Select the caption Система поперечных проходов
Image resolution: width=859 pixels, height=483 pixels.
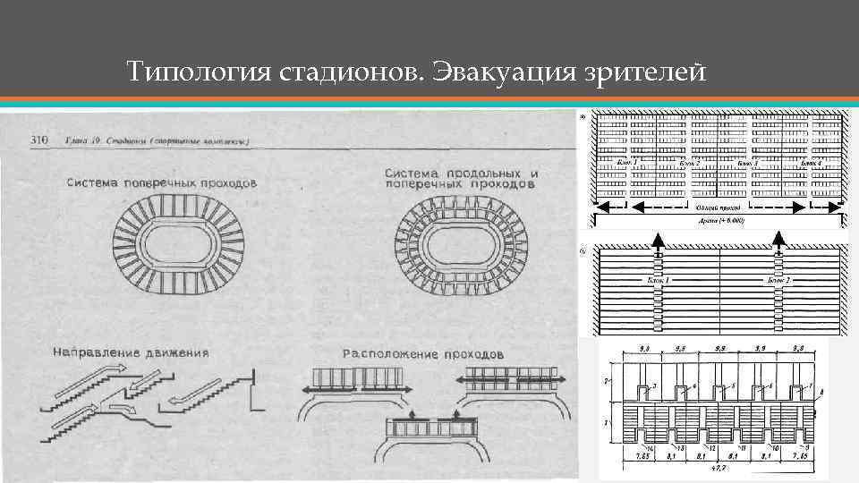(x=162, y=182)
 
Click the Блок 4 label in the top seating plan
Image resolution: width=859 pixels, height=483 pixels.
(x=811, y=165)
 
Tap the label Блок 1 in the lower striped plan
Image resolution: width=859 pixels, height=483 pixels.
(x=657, y=280)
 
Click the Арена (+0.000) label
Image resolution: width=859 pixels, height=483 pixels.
(x=720, y=220)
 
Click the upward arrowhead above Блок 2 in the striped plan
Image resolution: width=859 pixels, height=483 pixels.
(x=778, y=238)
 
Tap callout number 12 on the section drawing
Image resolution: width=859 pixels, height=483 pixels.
(x=713, y=445)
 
